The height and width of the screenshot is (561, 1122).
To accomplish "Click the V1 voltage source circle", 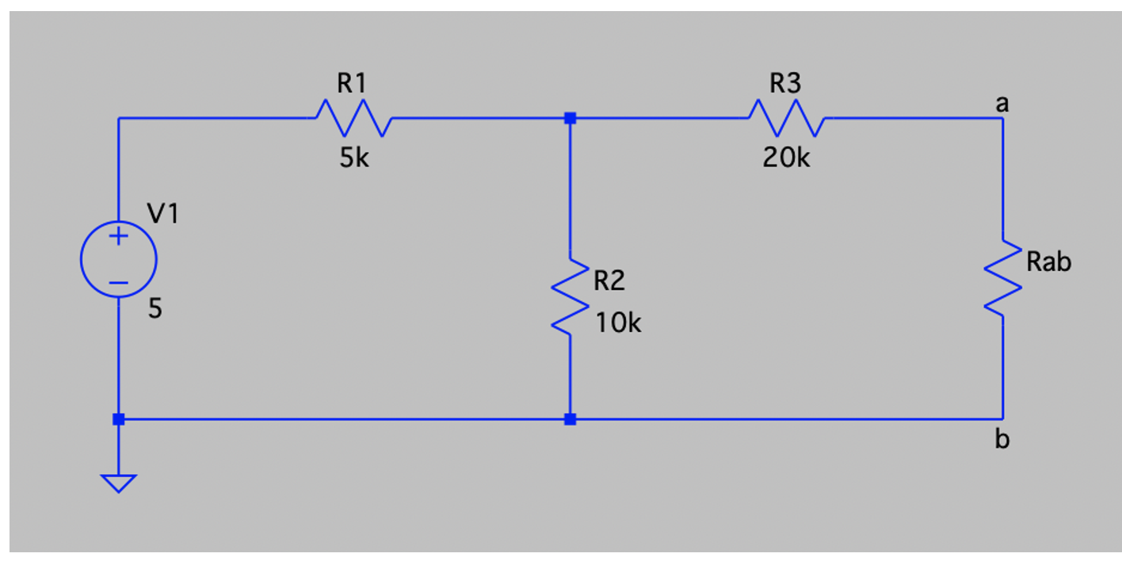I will tap(119, 259).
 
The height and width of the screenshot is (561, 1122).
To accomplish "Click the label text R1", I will tap(351, 83).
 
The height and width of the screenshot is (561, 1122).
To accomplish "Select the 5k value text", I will tap(353, 158).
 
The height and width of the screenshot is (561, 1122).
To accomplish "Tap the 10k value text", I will tap(618, 322).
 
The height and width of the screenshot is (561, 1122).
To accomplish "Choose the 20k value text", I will tap(786, 158).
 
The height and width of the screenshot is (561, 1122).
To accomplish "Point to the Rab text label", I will tap(1048, 261).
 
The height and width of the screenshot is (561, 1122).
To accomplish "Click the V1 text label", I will tap(163, 213).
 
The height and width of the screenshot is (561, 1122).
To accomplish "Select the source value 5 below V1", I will tap(155, 309).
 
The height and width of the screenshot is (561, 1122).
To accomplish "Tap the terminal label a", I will tap(1002, 103).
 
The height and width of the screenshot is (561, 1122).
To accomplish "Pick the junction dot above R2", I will tap(570, 118).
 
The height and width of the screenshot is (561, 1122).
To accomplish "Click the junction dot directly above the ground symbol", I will tap(119, 419).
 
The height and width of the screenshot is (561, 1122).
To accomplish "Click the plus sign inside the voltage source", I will tap(119, 236).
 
